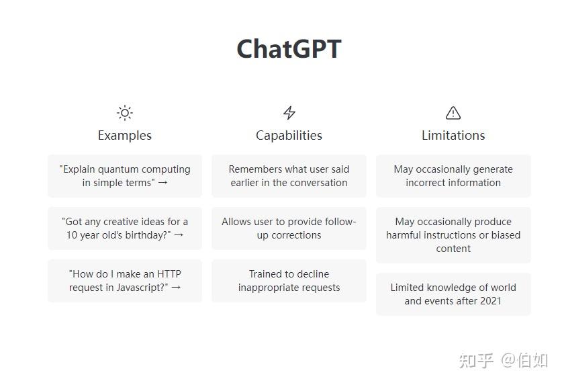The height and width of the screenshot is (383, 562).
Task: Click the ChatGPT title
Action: click(x=289, y=49)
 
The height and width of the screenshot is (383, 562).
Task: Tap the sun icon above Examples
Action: click(x=125, y=113)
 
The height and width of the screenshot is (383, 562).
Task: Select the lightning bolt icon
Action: click(x=289, y=113)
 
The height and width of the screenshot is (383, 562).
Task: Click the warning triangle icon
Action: click(x=453, y=113)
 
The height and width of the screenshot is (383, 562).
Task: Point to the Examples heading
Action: click(x=125, y=136)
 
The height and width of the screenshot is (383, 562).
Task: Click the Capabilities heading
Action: click(x=289, y=136)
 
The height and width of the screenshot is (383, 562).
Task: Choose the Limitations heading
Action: click(x=453, y=135)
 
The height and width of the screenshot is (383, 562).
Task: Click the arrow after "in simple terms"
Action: click(x=162, y=183)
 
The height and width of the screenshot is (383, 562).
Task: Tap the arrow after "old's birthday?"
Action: click(x=179, y=235)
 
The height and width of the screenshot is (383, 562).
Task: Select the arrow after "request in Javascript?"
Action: click(x=176, y=288)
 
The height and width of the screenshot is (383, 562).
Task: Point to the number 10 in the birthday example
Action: click(x=72, y=235)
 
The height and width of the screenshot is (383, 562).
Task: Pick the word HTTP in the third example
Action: click(x=169, y=274)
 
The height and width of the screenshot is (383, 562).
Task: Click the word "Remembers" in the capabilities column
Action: click(x=252, y=169)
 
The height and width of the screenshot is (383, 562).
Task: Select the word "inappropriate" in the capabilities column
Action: click(x=266, y=288)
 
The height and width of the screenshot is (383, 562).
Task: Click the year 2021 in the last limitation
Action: click(x=489, y=300)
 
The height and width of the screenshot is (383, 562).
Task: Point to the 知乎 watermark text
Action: click(x=476, y=360)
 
